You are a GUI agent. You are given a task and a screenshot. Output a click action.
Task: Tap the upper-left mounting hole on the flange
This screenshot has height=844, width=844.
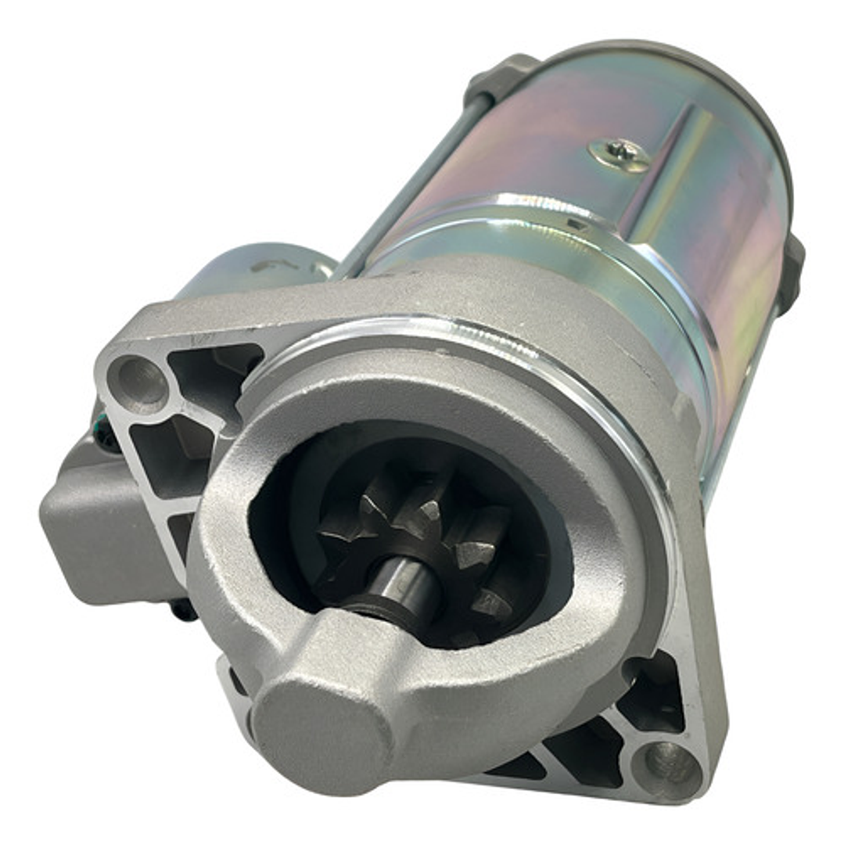tap(142, 383)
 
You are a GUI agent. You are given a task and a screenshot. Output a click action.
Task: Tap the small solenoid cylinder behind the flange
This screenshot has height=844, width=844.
tap(258, 270)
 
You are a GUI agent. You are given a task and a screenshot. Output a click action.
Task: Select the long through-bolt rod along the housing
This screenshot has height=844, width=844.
tap(407, 180)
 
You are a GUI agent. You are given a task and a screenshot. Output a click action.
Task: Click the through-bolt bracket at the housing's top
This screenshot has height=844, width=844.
tap(501, 78)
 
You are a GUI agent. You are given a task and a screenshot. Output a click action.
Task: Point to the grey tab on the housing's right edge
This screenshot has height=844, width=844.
tap(792, 274)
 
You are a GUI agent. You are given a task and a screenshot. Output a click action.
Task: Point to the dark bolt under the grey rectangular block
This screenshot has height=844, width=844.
tap(184, 609)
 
